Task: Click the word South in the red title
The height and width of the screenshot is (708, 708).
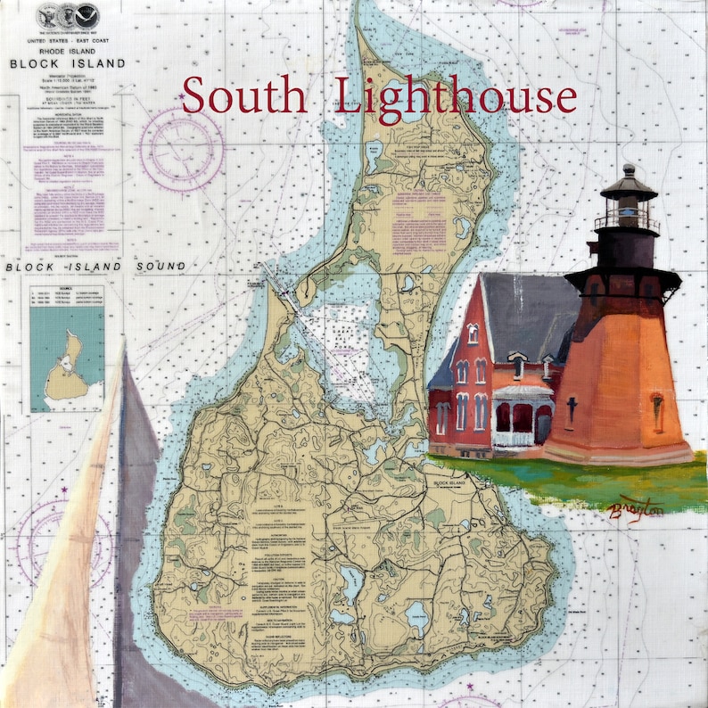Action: tap(244, 96)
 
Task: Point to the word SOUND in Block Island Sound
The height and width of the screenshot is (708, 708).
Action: tap(161, 266)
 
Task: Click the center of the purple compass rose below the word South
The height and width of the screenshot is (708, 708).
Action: tap(182, 149)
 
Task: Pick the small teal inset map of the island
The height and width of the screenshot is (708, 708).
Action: tap(66, 356)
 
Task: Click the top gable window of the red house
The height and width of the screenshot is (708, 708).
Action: tap(473, 333)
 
